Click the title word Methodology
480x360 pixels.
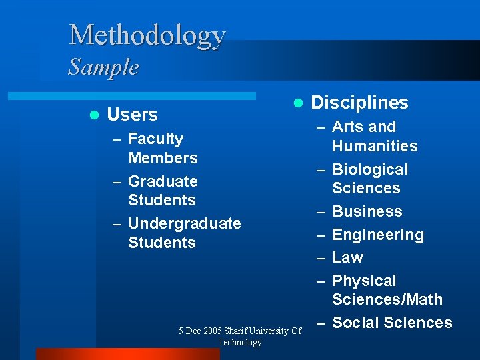[x=147, y=35]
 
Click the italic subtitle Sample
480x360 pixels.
[x=103, y=67]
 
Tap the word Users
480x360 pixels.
[x=132, y=115]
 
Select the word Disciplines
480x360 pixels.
[x=360, y=103]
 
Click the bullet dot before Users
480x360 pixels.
[x=93, y=115]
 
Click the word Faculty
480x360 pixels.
[x=155, y=139]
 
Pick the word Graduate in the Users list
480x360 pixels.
[x=163, y=181]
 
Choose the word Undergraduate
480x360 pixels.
[x=184, y=223]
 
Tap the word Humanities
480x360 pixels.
[x=375, y=146]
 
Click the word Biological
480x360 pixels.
[x=370, y=169]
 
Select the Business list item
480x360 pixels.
[x=367, y=211]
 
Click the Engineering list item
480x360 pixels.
[x=378, y=235]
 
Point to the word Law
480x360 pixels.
[x=347, y=257]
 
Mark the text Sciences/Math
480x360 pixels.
[x=387, y=299]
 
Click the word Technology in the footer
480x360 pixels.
[x=240, y=342]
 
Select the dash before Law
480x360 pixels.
[x=321, y=257]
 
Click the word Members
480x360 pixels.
[x=163, y=158]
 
